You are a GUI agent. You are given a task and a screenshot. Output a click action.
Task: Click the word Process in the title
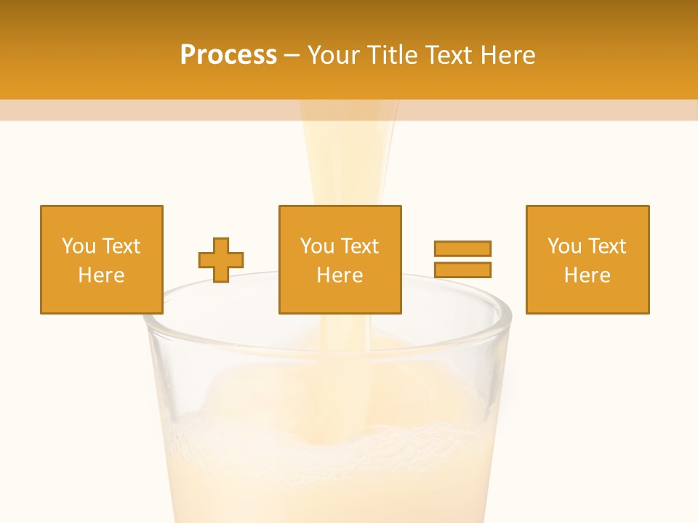coord(228,55)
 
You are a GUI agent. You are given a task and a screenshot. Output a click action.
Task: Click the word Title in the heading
coord(390,55)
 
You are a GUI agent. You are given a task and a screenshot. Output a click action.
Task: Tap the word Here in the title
coord(505,55)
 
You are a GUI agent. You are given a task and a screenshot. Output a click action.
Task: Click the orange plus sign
coord(221,259)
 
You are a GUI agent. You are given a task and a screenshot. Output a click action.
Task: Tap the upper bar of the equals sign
coord(462,248)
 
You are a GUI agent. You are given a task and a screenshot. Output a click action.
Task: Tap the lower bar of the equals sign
coord(462,269)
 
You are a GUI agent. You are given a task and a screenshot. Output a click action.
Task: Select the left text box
coord(102,259)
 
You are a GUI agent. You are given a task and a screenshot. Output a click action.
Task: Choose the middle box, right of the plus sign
coord(340,259)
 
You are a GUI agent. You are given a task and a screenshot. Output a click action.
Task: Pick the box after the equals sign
coord(587,259)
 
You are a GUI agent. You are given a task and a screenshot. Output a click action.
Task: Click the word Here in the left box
coord(102,275)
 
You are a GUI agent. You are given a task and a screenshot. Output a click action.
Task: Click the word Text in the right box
coord(606,246)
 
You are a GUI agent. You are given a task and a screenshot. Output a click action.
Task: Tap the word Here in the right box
coord(587,275)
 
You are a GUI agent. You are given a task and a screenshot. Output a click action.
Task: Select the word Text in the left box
coord(121,246)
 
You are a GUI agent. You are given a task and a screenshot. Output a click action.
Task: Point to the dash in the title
coord(292,55)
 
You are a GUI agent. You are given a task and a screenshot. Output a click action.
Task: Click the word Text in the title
coord(447,55)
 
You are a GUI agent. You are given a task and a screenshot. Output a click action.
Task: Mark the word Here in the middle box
coord(340,275)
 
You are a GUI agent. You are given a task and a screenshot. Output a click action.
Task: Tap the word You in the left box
coord(79,246)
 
